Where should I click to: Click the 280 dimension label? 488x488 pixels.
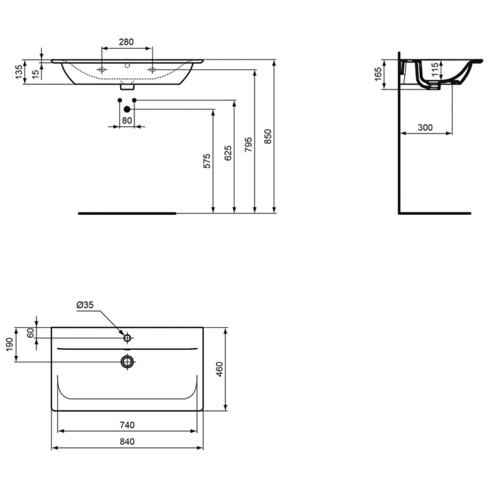point(126,43)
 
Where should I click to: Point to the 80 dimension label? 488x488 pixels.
point(127,120)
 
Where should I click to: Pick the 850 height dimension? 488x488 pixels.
point(268,136)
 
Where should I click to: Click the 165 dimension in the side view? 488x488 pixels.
point(377,74)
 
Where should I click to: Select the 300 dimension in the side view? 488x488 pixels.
point(425,127)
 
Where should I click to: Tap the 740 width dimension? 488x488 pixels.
point(126,425)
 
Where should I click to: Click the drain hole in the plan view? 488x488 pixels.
point(127,361)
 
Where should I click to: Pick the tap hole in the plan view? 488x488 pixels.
point(127,337)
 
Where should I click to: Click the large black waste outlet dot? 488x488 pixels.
point(127,109)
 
